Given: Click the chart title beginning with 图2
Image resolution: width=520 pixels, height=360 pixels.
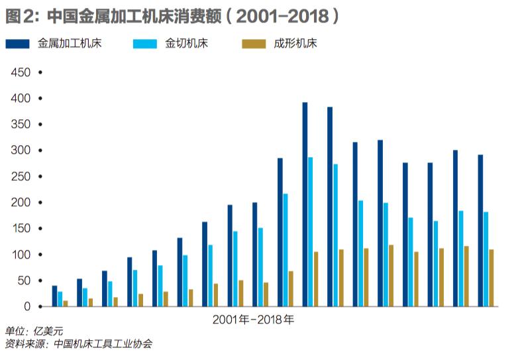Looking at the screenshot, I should (x=174, y=15).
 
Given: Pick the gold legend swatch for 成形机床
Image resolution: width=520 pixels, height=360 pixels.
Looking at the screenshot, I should (x=253, y=44).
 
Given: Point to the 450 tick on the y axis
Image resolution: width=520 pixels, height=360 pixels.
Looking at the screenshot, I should (x=21, y=72).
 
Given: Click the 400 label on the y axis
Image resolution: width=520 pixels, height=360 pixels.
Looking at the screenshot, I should (x=21, y=98).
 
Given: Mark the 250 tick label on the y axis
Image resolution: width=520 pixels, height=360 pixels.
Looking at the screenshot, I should (x=21, y=176).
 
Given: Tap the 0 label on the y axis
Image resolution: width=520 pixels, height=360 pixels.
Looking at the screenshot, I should (x=27, y=306).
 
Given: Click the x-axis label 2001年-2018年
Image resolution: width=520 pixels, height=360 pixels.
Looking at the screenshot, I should (x=254, y=319).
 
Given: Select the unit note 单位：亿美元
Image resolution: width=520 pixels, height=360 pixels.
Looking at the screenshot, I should (x=34, y=332).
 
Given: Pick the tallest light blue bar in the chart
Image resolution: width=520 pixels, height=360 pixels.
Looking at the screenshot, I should (x=310, y=232).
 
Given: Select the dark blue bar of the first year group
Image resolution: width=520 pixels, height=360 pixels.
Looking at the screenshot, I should (x=54, y=296).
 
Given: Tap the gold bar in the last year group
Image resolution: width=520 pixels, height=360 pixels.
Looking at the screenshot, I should (x=491, y=278).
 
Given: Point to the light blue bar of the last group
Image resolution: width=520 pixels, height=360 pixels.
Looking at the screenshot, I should (x=486, y=259).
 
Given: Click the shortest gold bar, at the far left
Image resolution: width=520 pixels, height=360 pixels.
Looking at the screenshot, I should (x=65, y=304).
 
